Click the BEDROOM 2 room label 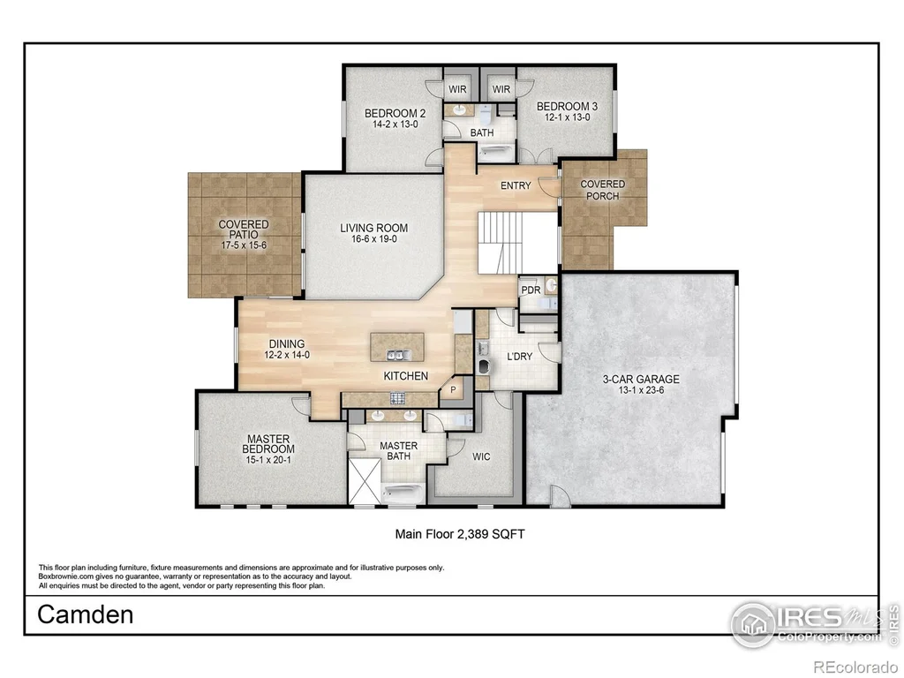click(395, 113)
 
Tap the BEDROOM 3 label click(568, 107)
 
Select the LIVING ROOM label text click(374, 228)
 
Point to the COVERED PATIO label click(244, 229)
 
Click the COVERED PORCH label click(602, 190)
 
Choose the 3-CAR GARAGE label click(641, 380)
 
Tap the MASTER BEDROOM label click(268, 443)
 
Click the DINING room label click(287, 344)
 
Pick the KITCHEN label click(406, 376)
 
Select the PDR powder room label click(531, 290)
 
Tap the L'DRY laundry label click(519, 357)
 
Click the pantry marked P click(453, 390)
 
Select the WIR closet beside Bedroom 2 click(458, 89)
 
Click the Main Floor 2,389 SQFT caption click(459, 534)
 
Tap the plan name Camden click(86, 614)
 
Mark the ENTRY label click(516, 185)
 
